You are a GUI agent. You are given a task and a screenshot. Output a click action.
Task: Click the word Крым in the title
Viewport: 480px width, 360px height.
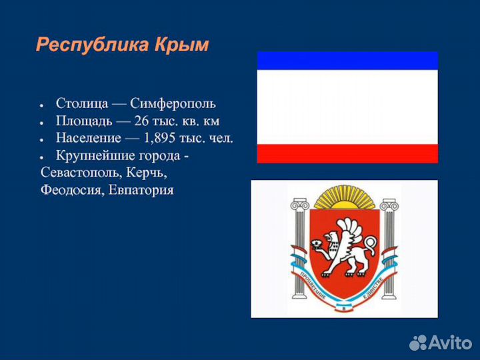(x=182, y=45)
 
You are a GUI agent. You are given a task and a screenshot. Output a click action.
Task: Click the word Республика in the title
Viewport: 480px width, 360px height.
(x=93, y=45)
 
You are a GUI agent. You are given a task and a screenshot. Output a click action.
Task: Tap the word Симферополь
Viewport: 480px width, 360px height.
(x=173, y=104)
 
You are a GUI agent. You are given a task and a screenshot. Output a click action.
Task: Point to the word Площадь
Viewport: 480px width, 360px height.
(x=82, y=121)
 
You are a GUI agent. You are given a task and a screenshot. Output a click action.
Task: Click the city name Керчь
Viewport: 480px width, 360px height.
(x=148, y=173)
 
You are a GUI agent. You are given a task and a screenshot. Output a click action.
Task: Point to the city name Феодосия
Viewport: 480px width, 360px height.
(x=71, y=191)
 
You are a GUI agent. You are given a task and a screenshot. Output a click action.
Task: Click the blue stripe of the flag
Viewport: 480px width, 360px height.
(x=347, y=61)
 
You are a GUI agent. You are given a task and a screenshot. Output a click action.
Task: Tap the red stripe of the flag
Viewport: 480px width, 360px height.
(x=347, y=153)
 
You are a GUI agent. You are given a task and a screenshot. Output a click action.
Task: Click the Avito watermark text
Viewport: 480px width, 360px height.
(x=451, y=343)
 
